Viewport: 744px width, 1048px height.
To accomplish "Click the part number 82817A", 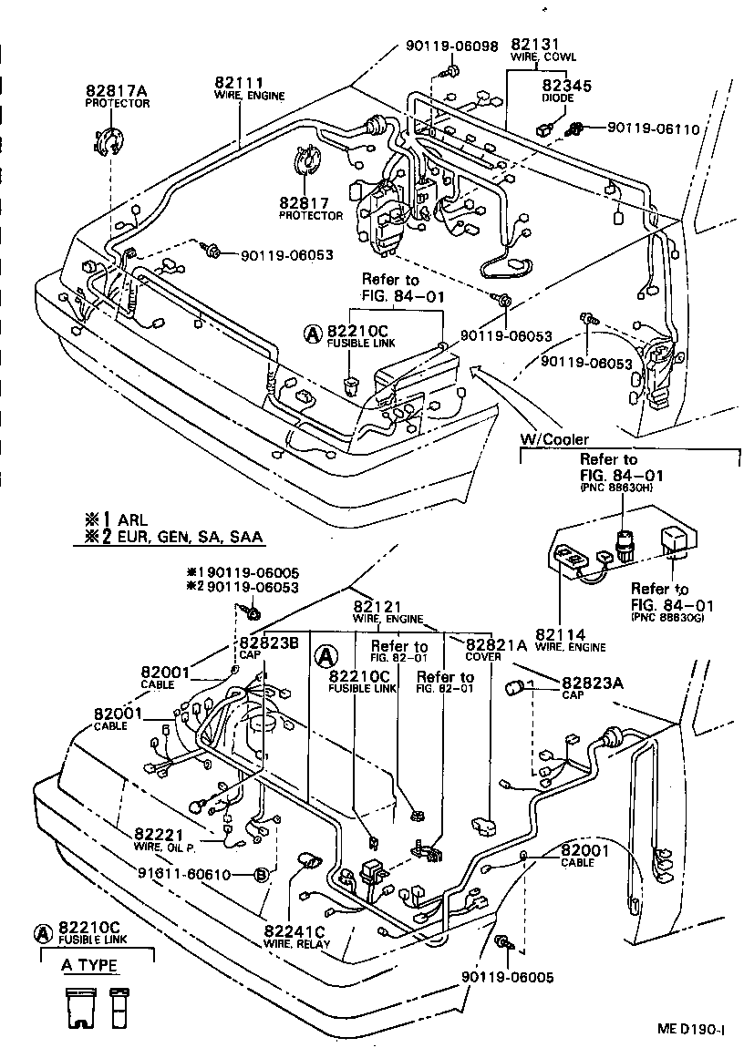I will click(x=118, y=91).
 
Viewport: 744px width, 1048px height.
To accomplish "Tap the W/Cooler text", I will click(x=554, y=439).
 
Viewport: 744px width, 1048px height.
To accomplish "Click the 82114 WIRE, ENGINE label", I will click(x=570, y=638).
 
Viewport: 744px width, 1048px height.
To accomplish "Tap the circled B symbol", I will click(x=260, y=875).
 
